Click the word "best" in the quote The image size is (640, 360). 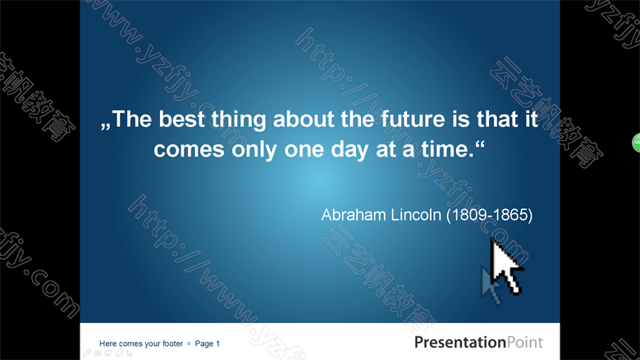pos(181,119)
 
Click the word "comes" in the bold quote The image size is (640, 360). pos(189,150)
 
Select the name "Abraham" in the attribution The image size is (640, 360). pos(354,215)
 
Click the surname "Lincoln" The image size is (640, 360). pos(416,215)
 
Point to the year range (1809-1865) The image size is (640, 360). pos(489,216)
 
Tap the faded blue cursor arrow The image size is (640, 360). pos(490,285)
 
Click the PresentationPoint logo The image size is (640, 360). pos(478,342)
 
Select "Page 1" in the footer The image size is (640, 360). pos(208,344)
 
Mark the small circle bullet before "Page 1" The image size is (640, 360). pos(189,344)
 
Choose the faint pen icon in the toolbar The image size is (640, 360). pos(87,353)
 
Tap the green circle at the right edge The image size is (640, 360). pos(637,143)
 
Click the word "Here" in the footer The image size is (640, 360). pos(107,344)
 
